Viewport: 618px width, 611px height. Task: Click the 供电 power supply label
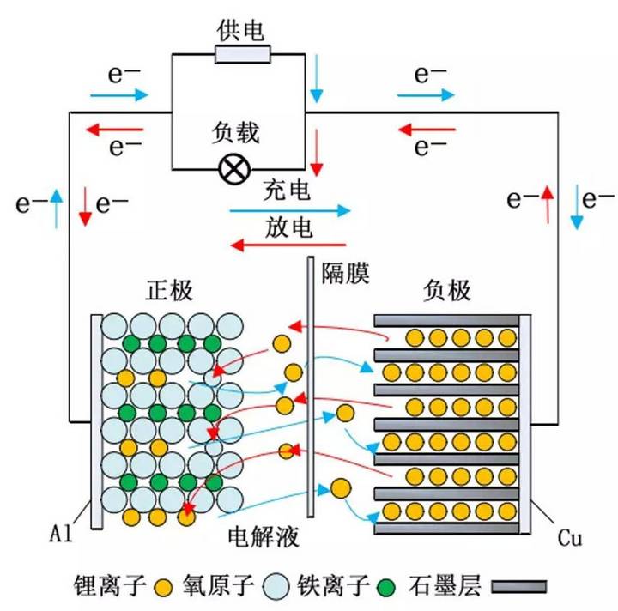[x=242, y=32]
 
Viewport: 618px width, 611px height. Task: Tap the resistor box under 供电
[x=243, y=56]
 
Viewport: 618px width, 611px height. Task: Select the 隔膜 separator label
[x=345, y=274]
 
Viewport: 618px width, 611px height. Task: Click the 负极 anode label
[x=446, y=291]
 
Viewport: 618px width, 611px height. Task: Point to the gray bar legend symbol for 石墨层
[x=515, y=587]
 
